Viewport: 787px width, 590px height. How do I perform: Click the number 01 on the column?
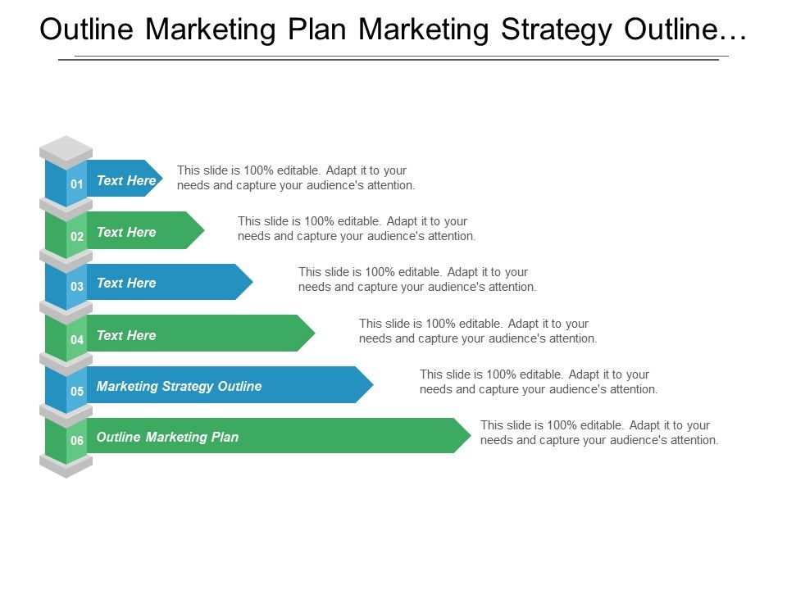tap(77, 184)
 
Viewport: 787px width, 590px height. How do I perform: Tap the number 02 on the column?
tap(77, 236)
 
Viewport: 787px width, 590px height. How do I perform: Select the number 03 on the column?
tap(77, 287)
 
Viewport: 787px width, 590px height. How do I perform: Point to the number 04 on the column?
tap(77, 339)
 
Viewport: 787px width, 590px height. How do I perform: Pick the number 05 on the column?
tap(77, 391)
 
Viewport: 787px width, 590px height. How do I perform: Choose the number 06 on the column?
tap(77, 441)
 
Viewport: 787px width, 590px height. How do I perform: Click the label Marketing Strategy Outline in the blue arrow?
tap(180, 386)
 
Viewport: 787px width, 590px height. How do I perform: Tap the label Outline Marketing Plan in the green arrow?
tap(167, 437)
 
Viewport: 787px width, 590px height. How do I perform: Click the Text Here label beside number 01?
tap(126, 180)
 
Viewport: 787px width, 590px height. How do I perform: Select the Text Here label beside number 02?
tap(126, 232)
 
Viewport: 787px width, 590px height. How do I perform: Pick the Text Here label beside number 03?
tap(126, 283)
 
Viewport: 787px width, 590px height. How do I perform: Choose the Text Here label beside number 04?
tap(126, 335)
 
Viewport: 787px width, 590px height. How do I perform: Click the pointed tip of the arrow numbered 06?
tap(471, 435)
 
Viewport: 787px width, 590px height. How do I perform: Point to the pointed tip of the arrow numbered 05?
tap(374, 385)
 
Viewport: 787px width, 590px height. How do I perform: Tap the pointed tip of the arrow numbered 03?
tap(253, 282)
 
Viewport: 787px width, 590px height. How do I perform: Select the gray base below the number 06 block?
tap(66, 466)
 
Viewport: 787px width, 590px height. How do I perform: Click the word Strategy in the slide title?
tap(557, 30)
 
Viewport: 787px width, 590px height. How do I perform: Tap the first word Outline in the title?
tap(86, 29)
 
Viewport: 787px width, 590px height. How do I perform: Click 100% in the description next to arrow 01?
tap(258, 170)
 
